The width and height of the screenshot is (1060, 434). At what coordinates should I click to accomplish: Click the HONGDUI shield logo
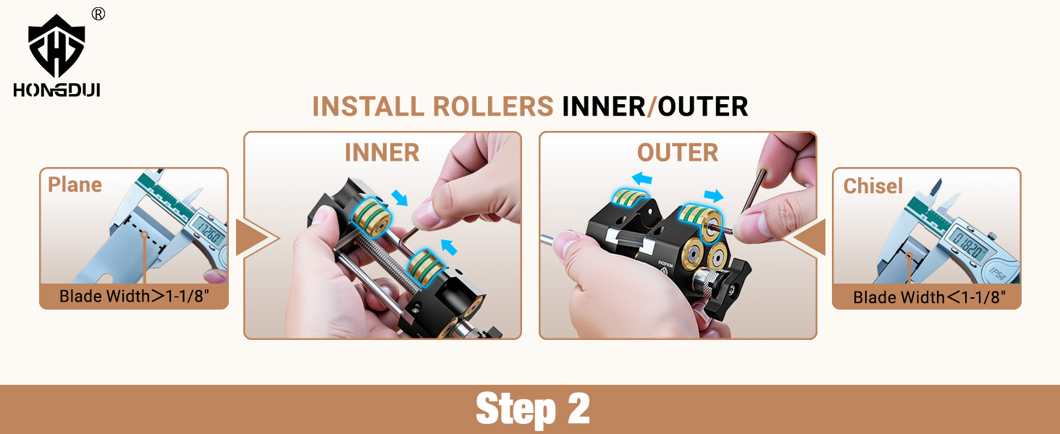[56, 46]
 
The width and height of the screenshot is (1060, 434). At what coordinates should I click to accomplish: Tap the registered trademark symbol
[98, 14]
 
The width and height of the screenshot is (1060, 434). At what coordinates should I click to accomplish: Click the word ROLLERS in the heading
[492, 106]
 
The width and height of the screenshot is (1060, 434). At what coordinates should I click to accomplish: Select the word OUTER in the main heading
[703, 106]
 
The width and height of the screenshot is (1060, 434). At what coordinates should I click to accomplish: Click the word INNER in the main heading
[603, 106]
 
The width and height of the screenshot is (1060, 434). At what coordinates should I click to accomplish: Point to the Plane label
[75, 184]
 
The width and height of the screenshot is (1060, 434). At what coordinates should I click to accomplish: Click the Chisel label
[873, 186]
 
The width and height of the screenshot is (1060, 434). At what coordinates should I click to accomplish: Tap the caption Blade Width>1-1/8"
[134, 296]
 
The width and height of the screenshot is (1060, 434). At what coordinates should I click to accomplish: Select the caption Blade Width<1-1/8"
[929, 297]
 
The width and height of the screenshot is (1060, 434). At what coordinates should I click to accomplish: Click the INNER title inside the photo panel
[382, 153]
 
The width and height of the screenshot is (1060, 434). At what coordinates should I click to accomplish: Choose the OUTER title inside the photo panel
[678, 153]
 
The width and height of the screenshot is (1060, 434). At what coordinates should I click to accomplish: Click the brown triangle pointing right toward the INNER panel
[253, 237]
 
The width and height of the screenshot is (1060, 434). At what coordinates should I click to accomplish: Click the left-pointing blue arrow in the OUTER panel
[642, 178]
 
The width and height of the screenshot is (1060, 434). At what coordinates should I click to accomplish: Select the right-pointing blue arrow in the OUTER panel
[714, 195]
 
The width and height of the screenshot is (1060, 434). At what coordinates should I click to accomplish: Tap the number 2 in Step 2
[578, 409]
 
